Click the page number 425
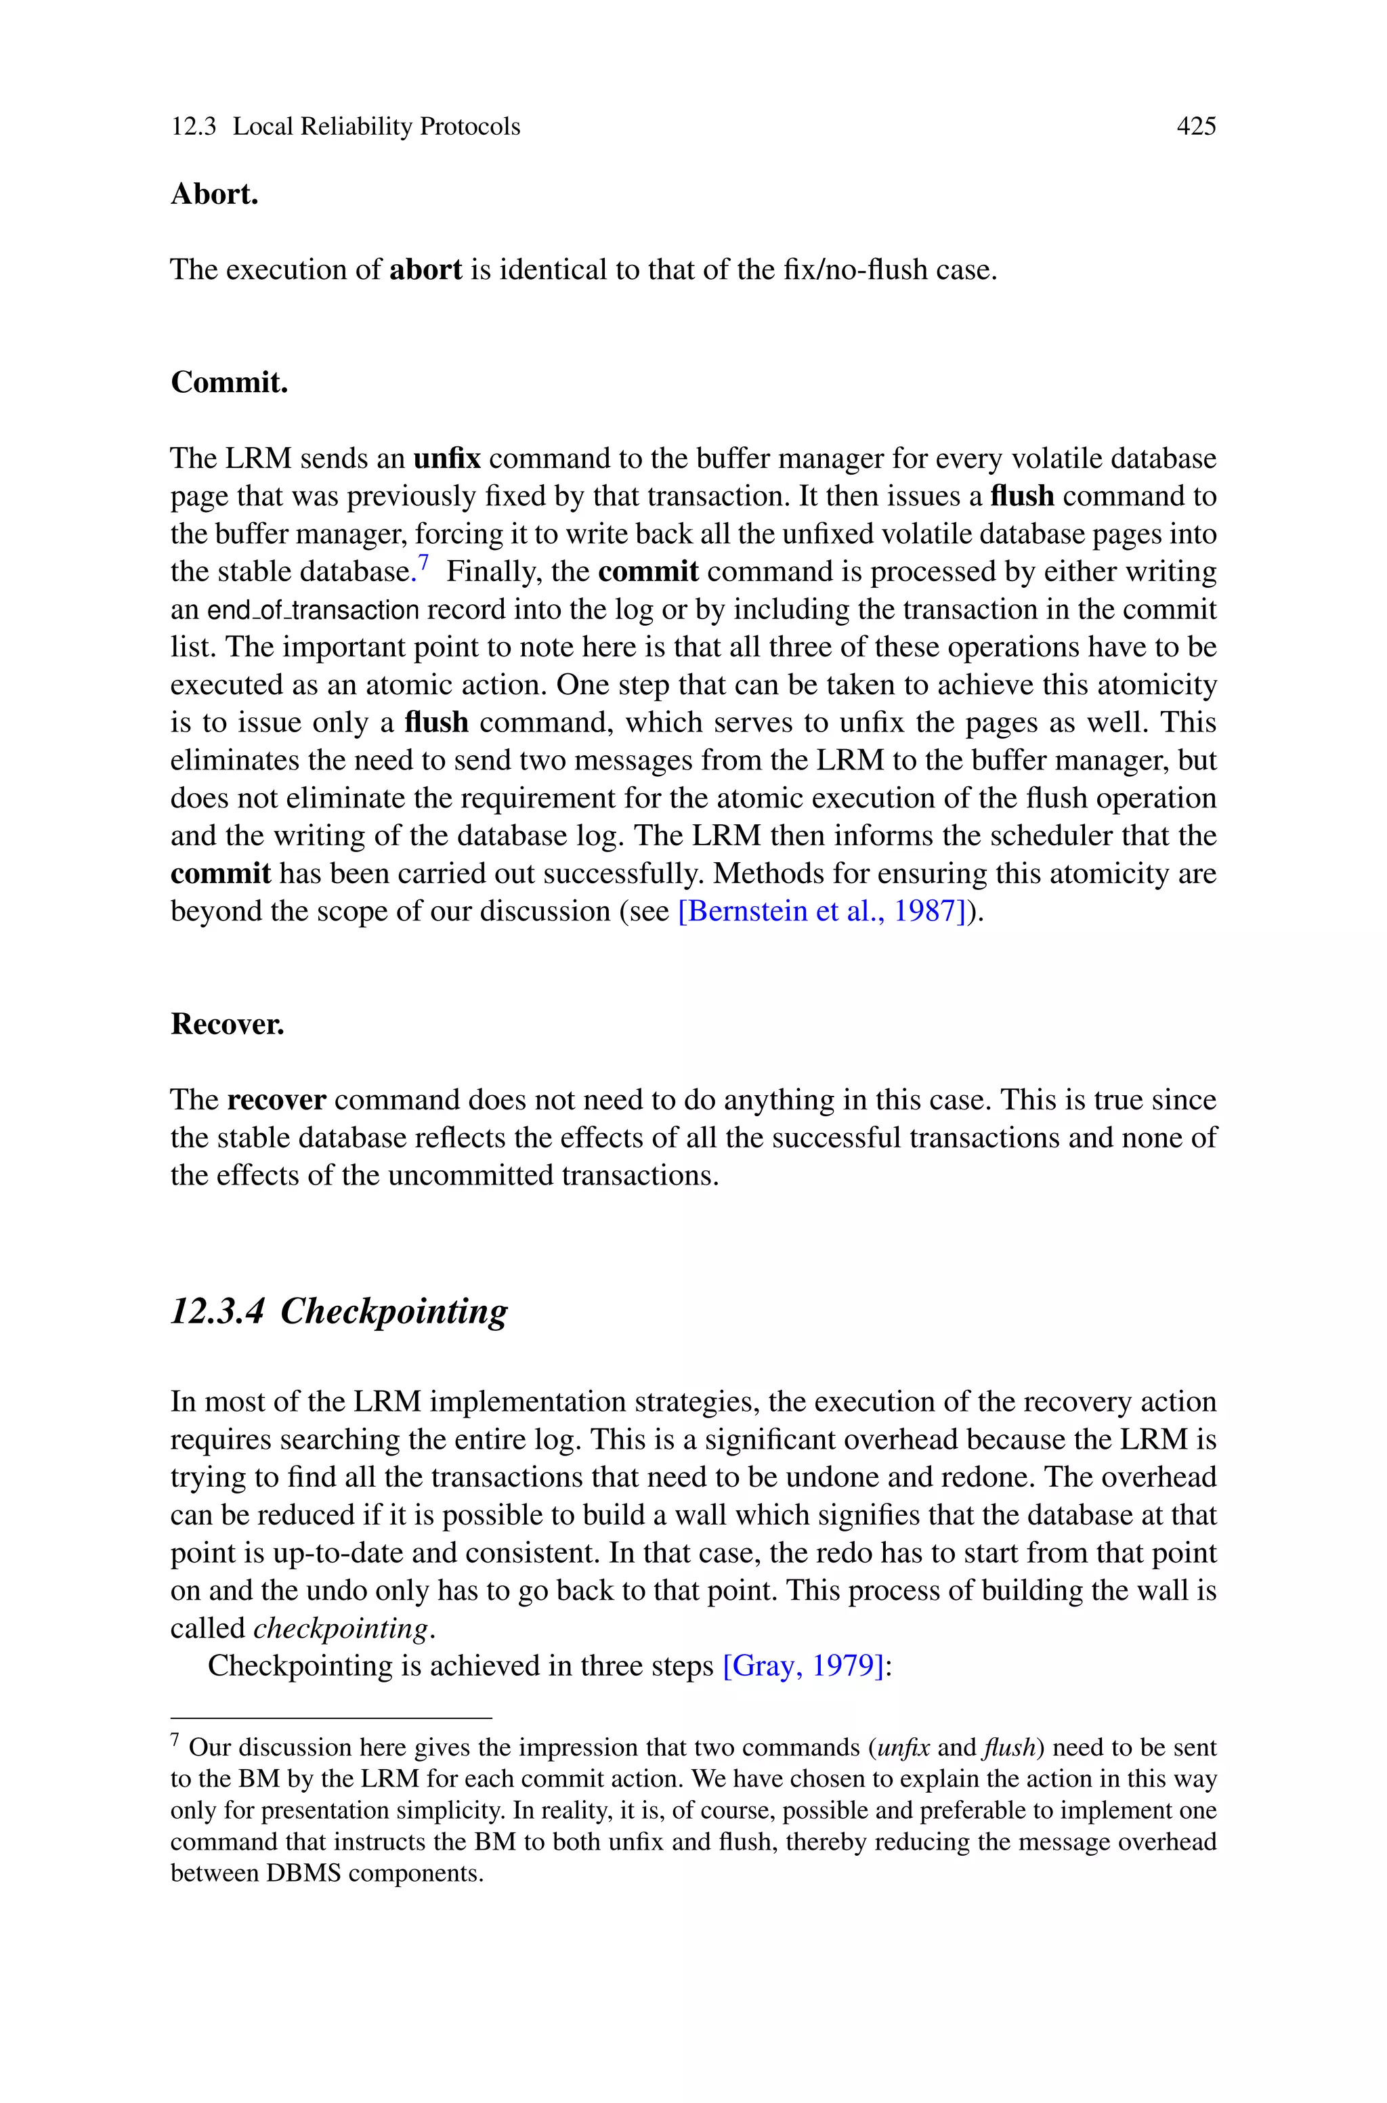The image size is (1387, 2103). click(x=1195, y=127)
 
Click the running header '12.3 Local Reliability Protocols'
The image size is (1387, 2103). click(x=345, y=127)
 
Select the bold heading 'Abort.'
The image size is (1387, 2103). click(x=214, y=194)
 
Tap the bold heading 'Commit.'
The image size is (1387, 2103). click(x=229, y=382)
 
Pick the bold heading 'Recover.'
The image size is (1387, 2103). click(x=228, y=1024)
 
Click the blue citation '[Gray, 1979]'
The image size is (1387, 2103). click(x=803, y=1666)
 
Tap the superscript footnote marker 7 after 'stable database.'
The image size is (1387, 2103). click(x=424, y=561)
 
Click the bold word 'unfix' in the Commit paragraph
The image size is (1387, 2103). click(x=447, y=458)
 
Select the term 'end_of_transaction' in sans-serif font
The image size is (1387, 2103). click(x=312, y=610)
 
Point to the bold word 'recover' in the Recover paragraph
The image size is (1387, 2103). click(x=276, y=1100)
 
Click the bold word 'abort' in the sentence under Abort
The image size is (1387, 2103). click(x=425, y=270)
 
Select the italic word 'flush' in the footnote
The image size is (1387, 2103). click(x=1008, y=1747)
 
